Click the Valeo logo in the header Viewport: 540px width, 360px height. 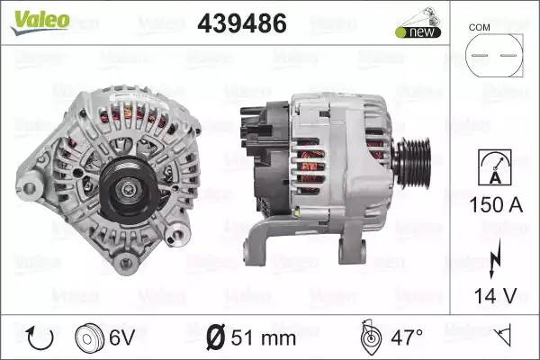point(40,22)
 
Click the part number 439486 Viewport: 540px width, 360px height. point(242,23)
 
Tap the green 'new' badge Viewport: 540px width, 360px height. point(418,32)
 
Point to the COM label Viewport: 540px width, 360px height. point(479,27)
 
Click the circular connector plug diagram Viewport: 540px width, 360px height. point(494,55)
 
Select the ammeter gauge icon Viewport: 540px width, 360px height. point(495,167)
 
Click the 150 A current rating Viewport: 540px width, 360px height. point(496,204)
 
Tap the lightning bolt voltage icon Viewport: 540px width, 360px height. point(494,258)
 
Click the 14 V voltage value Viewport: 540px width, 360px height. point(496,295)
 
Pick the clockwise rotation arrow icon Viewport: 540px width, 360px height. point(40,338)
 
